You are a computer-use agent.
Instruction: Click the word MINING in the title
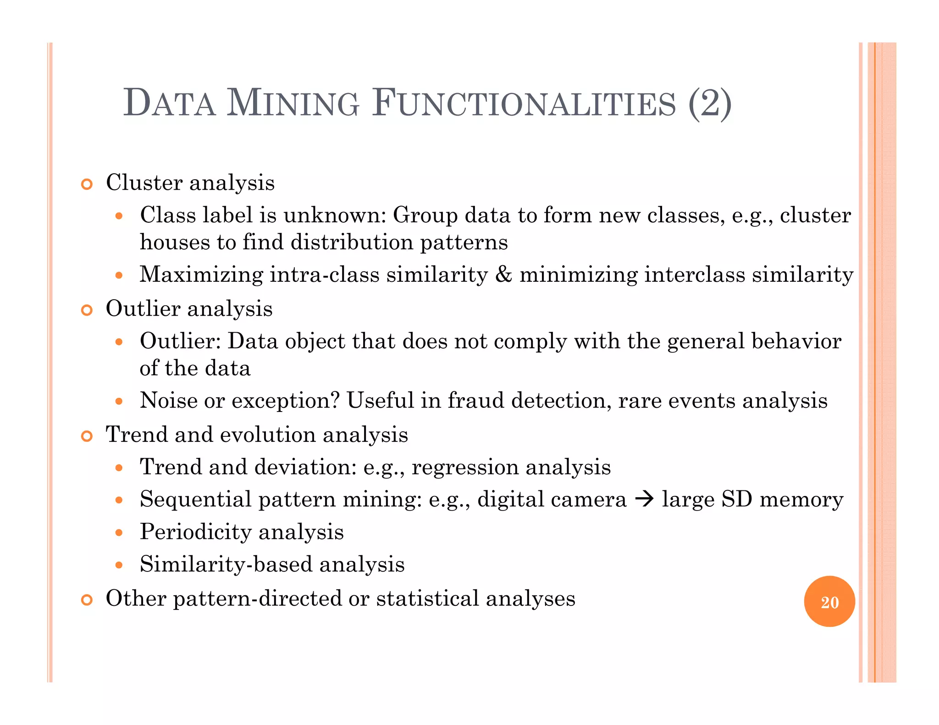(x=293, y=103)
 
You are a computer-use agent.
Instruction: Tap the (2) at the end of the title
(x=709, y=103)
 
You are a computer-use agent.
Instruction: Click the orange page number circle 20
(x=829, y=602)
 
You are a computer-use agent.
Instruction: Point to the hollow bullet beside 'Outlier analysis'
(x=87, y=310)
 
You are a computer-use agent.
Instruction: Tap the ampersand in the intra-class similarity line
(x=503, y=275)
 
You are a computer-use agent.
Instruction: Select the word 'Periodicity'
(x=196, y=532)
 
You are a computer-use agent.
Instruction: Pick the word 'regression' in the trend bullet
(x=464, y=467)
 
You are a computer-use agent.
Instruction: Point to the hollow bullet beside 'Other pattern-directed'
(x=87, y=600)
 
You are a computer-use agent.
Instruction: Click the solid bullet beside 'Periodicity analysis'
(x=119, y=533)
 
